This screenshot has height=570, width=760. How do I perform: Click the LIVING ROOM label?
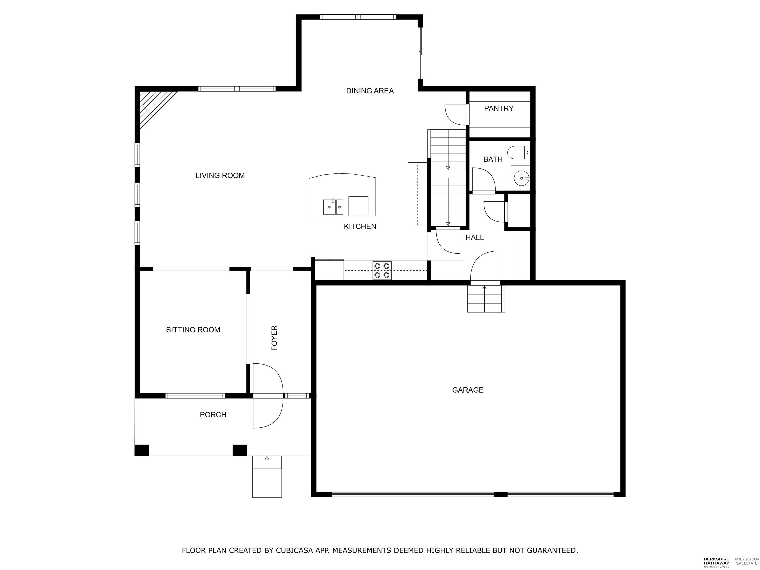tap(220, 176)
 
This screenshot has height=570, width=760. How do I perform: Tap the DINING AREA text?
tap(370, 91)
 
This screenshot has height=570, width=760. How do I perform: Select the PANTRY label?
tap(499, 109)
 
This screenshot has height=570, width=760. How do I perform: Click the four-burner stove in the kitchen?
tap(381, 270)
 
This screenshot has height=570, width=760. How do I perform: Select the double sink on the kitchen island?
tap(332, 207)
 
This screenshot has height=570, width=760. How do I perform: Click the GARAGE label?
tap(468, 390)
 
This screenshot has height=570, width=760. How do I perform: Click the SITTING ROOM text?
tap(193, 330)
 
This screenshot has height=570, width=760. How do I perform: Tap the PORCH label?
tap(213, 415)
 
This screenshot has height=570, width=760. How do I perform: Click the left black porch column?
tap(142, 450)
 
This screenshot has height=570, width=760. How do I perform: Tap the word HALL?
tap(475, 237)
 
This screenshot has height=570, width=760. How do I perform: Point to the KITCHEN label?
tap(360, 226)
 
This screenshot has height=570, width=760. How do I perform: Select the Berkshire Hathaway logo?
tap(716, 562)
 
